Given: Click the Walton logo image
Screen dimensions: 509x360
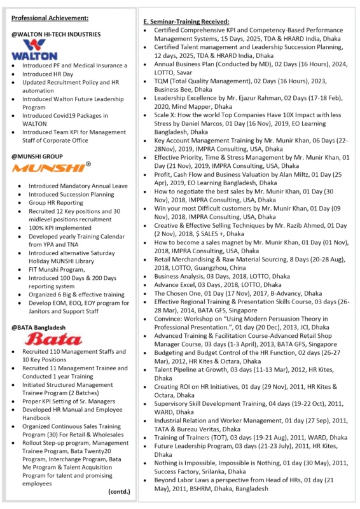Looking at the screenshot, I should point(30,49).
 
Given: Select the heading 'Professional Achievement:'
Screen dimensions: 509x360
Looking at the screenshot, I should point(50,17).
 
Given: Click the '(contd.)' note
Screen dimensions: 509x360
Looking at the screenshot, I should point(118,491).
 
